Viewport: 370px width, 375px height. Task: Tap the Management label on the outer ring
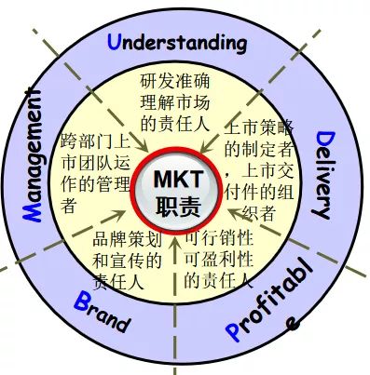pos(36,154)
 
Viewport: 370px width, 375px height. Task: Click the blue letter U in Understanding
pos(115,40)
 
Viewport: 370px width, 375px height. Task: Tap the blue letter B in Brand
pos(81,300)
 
